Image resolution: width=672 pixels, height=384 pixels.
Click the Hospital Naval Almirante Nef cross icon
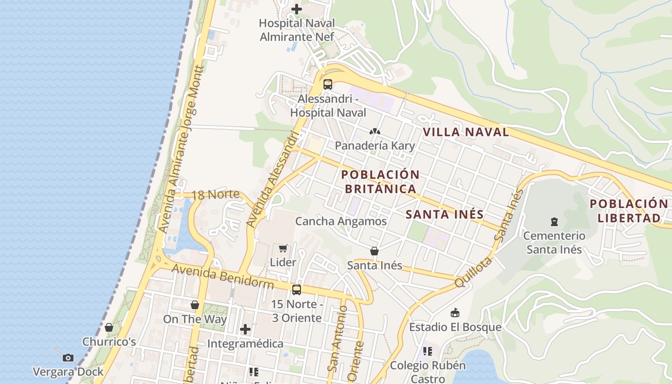pos(297,9)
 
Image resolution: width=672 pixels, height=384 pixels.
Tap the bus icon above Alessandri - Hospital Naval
pos(328,84)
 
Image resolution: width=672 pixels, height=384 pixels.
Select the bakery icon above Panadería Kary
pos(375,131)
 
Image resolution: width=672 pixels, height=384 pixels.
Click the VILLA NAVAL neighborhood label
pos(466,132)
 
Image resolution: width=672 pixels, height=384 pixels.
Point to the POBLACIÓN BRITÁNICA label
pos(381,181)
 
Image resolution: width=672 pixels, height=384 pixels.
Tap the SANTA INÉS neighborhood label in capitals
pos(444,214)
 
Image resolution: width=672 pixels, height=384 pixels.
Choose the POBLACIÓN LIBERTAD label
pos(628,211)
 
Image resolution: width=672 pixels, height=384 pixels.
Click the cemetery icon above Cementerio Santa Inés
pos(554,222)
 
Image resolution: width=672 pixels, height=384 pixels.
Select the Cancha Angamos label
pos(341,221)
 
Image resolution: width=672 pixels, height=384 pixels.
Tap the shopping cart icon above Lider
pos(283,248)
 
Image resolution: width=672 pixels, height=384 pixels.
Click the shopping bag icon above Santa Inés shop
pos(374,251)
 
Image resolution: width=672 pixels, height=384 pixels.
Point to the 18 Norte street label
pos(215,195)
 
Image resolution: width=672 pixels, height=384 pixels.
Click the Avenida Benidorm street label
pos(223,276)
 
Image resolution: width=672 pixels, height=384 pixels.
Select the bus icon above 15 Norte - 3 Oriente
pos(297,290)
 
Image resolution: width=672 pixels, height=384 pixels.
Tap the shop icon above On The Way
pos(195,305)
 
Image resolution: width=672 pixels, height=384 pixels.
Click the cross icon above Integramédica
pos(245,329)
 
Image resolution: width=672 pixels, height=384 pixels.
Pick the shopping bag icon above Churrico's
pos(109,327)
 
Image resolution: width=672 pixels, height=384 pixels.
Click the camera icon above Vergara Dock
pos(68,358)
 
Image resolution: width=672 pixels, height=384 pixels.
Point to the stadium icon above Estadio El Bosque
pos(455,313)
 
